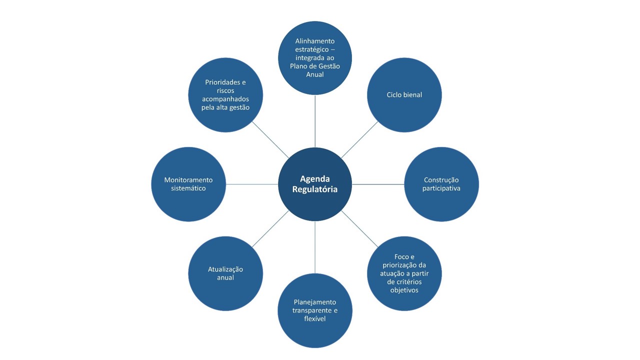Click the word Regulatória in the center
click(x=315, y=189)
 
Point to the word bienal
click(x=412, y=95)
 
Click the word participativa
click(x=441, y=188)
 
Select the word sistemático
click(x=188, y=188)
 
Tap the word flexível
click(x=315, y=318)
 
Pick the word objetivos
click(x=404, y=290)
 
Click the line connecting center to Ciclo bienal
click(x=360, y=139)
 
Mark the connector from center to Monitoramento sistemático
click(x=252, y=184)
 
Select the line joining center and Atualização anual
click(x=270, y=229)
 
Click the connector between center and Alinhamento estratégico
click(x=315, y=121)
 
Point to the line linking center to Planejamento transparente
click(x=315, y=247)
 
